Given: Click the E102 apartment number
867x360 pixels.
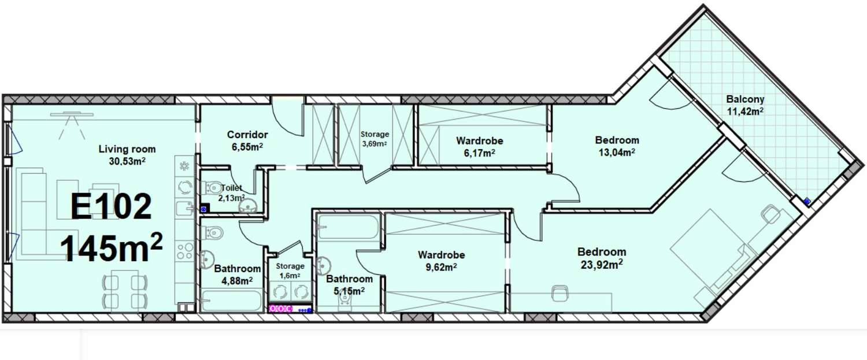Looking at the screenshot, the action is click(111, 207).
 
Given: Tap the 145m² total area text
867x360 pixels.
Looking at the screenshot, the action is click(111, 247).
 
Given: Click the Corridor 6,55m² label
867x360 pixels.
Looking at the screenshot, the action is click(247, 140).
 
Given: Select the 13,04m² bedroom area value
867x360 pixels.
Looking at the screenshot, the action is click(617, 152).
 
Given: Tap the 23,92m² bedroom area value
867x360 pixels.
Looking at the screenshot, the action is click(602, 265).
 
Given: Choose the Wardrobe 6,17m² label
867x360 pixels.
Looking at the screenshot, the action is click(480, 147).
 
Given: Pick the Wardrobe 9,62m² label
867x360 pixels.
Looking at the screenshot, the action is click(441, 261).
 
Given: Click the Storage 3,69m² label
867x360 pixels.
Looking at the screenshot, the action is click(375, 139).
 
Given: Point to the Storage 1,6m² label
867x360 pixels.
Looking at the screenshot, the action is click(290, 271).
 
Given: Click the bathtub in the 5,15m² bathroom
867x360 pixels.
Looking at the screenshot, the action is click(347, 227).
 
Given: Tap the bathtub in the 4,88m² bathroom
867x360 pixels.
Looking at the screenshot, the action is click(232, 301).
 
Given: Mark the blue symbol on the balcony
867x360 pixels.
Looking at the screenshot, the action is click(807, 201).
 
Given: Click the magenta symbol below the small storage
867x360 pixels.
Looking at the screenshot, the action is click(280, 309).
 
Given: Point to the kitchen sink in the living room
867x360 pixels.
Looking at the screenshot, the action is click(184, 209).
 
